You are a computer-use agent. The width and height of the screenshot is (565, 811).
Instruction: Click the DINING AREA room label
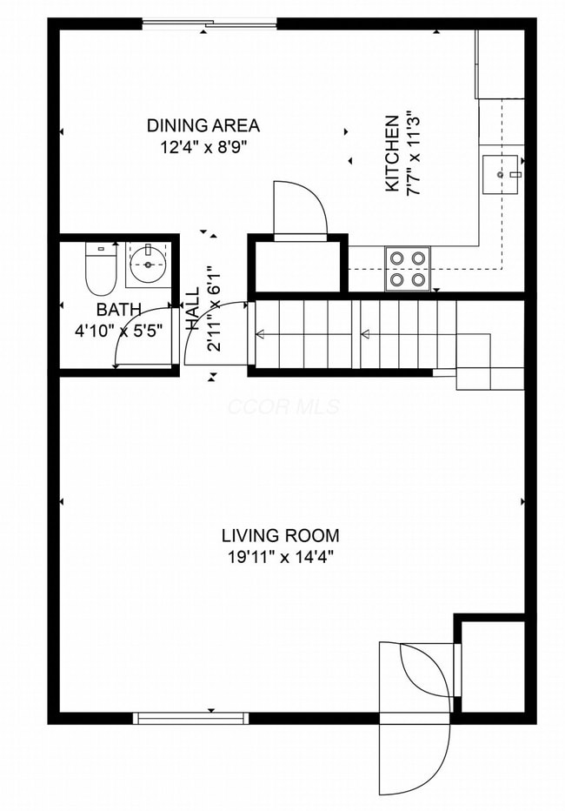click(x=203, y=125)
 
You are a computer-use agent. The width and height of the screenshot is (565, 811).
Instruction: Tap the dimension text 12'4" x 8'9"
click(x=203, y=147)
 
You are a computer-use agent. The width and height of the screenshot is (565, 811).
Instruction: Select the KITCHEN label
click(x=392, y=153)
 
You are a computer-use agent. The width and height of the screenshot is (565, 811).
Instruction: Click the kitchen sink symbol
click(x=502, y=174)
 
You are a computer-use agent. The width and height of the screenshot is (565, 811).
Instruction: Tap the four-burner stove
click(x=408, y=268)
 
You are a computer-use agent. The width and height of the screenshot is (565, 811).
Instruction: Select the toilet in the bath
click(x=101, y=269)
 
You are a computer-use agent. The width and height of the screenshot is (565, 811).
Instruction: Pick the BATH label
click(x=118, y=310)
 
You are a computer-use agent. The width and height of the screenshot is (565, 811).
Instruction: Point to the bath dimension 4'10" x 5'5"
click(x=118, y=331)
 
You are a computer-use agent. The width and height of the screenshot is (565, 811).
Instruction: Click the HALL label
click(x=192, y=309)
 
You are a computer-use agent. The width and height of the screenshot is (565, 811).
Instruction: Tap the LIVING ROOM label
click(x=280, y=535)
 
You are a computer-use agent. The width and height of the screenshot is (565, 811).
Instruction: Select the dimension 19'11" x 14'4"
click(x=280, y=557)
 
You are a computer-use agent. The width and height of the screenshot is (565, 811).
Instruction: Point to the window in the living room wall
click(x=190, y=718)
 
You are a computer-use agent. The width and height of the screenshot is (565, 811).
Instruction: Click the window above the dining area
click(x=209, y=23)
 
